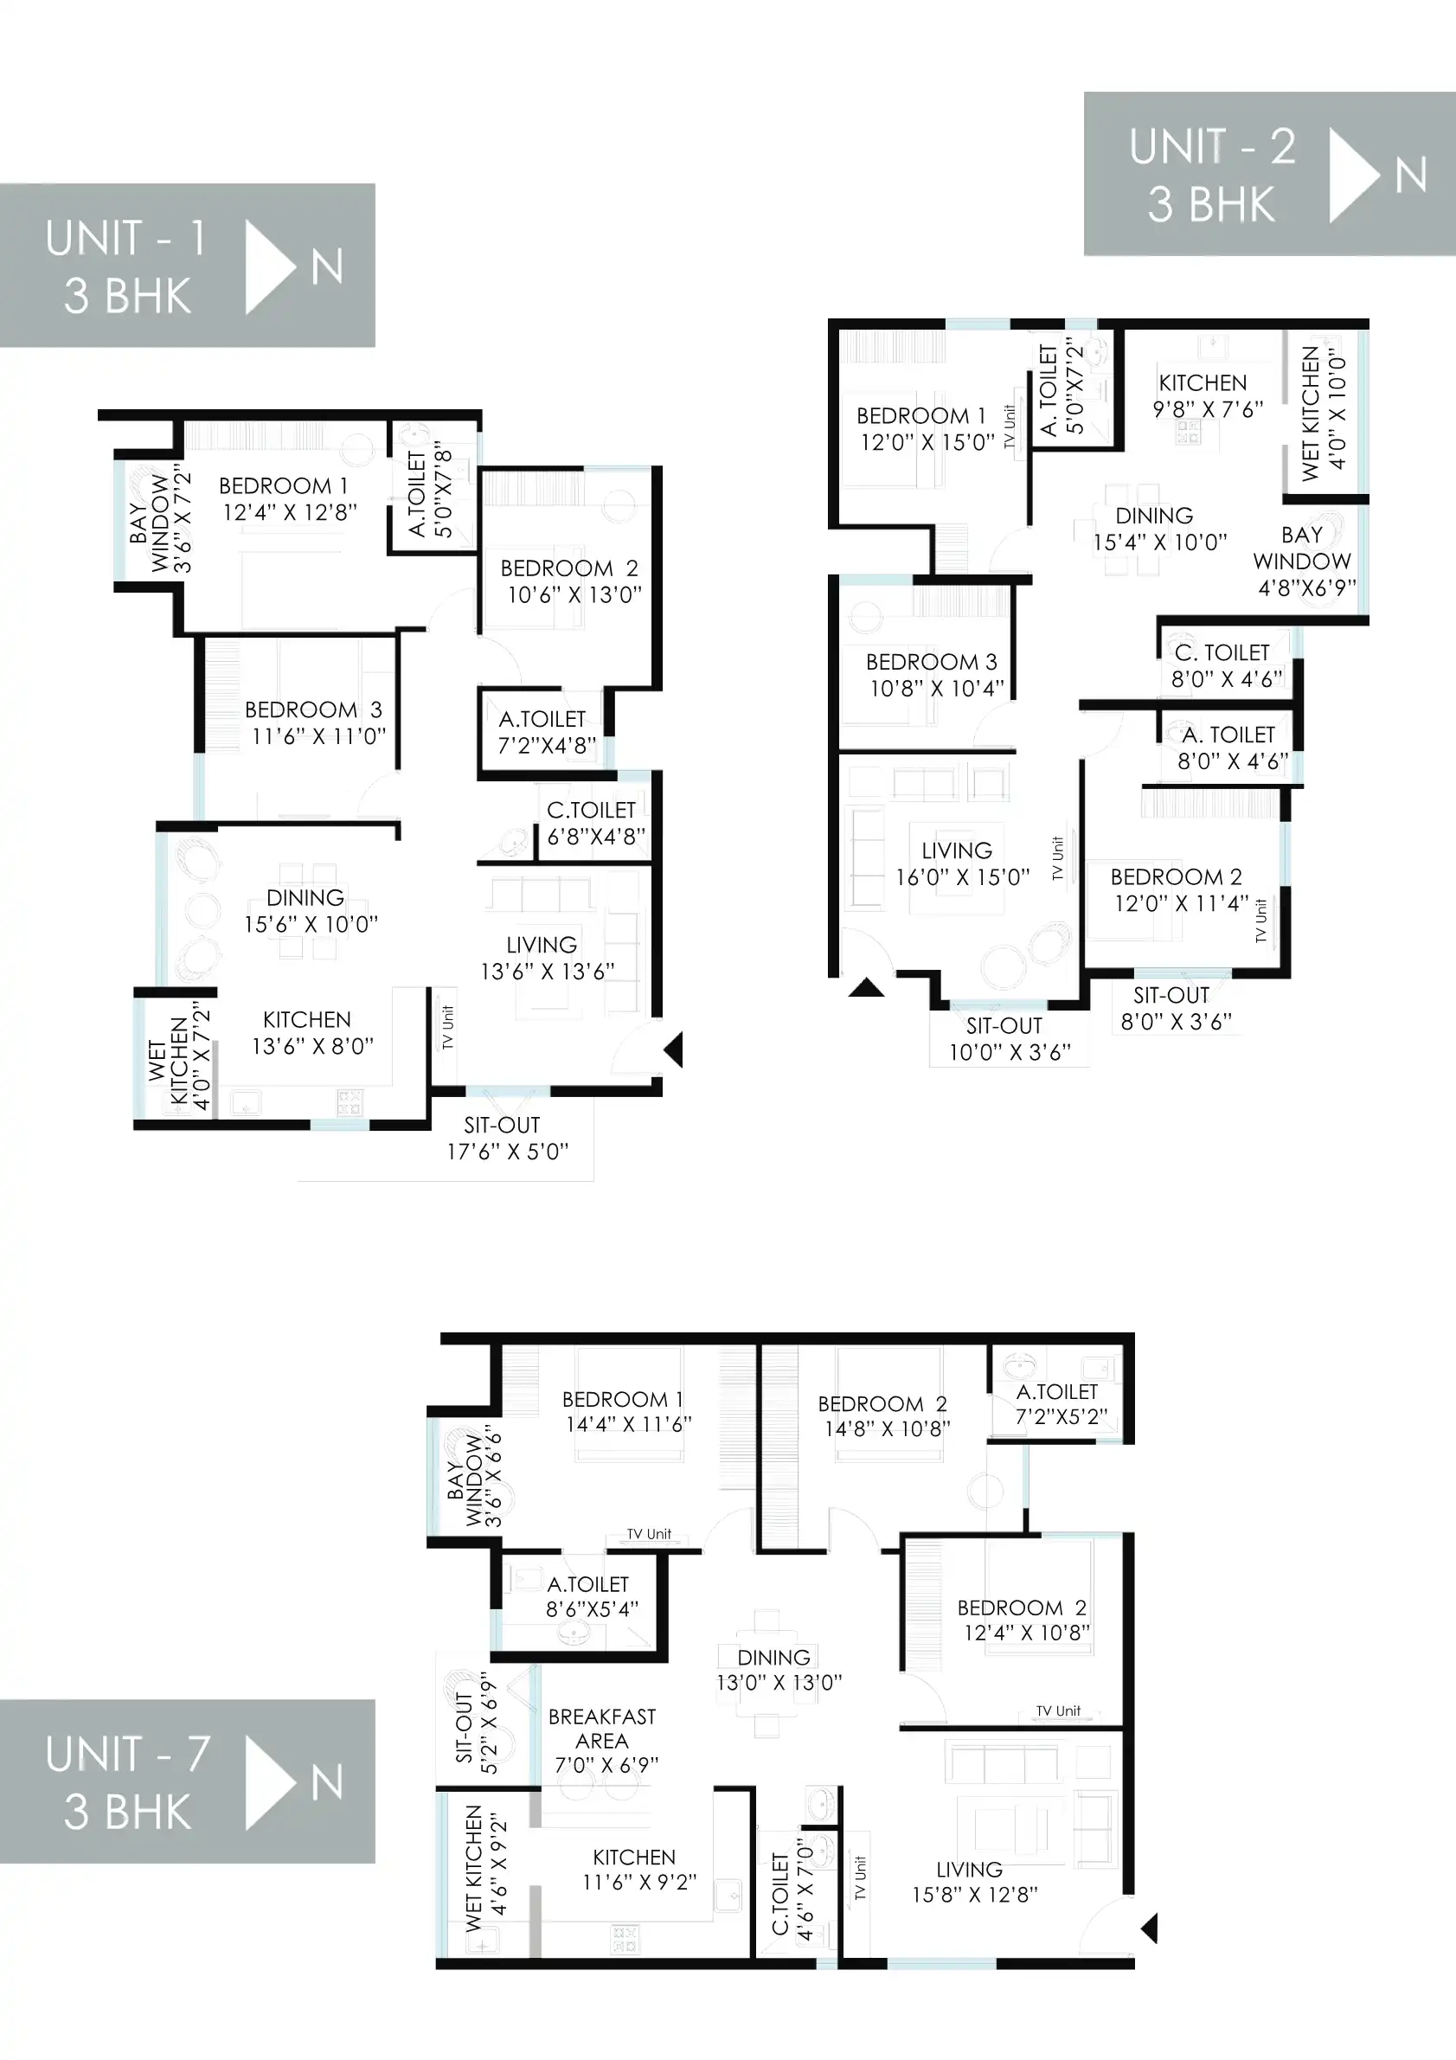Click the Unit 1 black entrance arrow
[x=675, y=1049]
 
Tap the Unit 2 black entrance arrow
[x=867, y=989]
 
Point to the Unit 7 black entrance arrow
[x=1149, y=1928]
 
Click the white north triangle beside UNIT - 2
[x=1352, y=175]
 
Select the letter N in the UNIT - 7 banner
[x=327, y=1782]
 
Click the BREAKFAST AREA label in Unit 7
[x=602, y=1728]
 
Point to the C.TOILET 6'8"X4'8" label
[x=596, y=824]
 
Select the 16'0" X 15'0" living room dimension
[x=963, y=877]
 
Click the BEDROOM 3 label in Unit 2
[x=931, y=662]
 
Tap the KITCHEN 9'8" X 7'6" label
[x=1208, y=395]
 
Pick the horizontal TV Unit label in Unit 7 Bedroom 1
[x=649, y=1534]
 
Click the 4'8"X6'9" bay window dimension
[x=1306, y=587]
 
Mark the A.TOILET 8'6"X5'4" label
[x=591, y=1596]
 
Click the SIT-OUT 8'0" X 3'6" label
[x=1176, y=1008]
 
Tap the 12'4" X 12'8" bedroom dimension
[x=290, y=512]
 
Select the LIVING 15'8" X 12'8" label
[x=974, y=1882]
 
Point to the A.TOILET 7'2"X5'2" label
[x=1062, y=1404]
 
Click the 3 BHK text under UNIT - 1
[x=127, y=296]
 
